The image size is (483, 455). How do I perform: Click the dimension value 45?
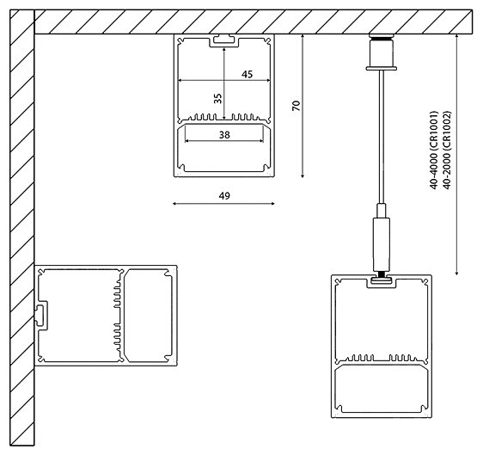click(x=247, y=75)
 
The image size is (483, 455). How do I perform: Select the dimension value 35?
click(x=217, y=99)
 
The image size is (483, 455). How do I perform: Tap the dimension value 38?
click(x=224, y=135)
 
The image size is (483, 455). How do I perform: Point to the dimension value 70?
click(x=295, y=106)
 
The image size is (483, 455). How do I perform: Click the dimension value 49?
click(x=224, y=196)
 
